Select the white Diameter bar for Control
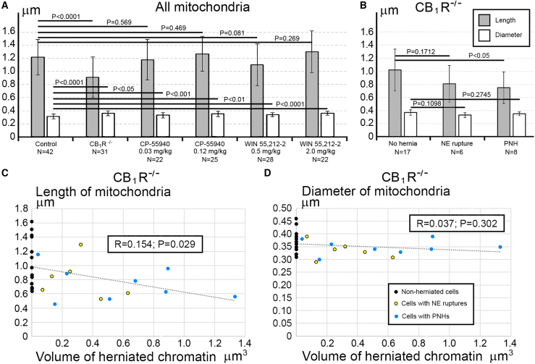pos(53,126)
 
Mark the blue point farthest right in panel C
pos(235,297)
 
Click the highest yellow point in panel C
pos(81,245)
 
